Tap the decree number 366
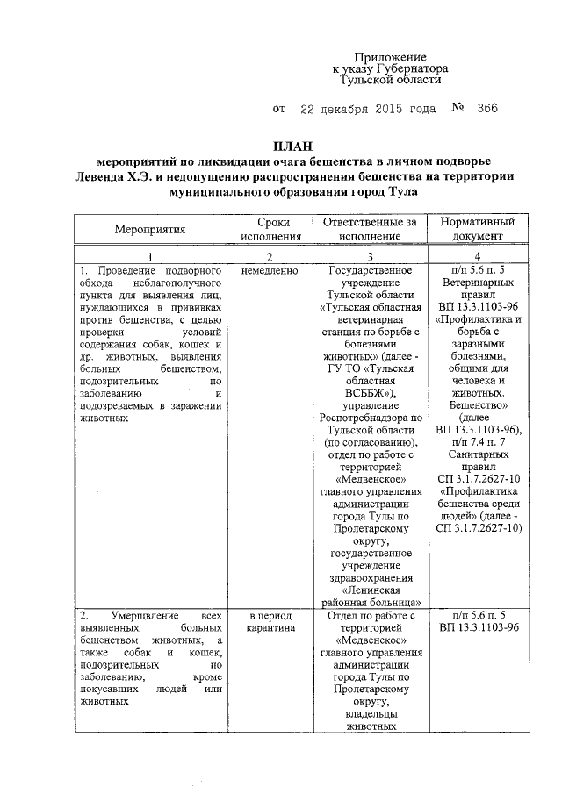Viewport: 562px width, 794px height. [x=487, y=110]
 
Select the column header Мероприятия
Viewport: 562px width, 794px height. [x=149, y=230]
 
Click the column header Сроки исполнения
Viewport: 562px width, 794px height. [x=271, y=230]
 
